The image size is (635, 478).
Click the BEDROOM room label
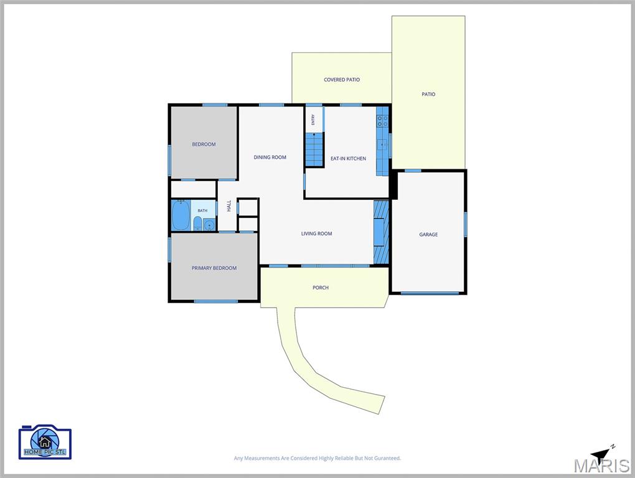pos(204,144)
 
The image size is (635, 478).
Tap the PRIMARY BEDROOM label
pos(214,268)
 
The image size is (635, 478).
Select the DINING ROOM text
pos(270,157)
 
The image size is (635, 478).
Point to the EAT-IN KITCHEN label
pos(348,158)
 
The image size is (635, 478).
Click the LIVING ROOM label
pos(316,233)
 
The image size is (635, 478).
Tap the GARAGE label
pos(428,235)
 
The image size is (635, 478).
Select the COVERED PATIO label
pos(342,80)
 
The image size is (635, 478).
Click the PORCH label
pos(321,288)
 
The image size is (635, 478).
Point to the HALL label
pos(229,205)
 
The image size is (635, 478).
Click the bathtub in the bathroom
pos(181,215)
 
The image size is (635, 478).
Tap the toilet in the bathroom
pos(197,223)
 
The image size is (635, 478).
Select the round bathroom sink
pos(209,225)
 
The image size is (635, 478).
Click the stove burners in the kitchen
pos(383,121)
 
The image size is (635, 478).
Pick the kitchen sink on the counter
pos(383,144)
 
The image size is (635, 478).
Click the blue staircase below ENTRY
pos(314,149)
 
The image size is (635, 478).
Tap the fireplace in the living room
pos(381,232)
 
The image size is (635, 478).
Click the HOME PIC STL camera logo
pos(45,442)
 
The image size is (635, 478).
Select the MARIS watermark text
pos(601,466)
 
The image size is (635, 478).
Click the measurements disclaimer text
pos(317,458)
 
